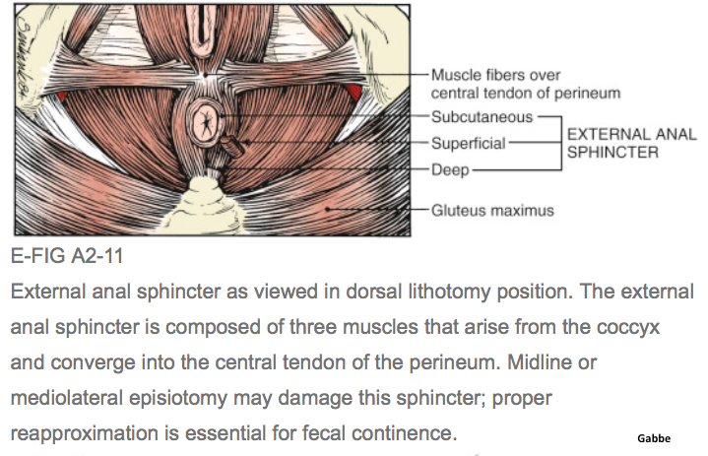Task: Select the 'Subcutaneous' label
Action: [x=482, y=116]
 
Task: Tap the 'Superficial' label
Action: [x=469, y=143]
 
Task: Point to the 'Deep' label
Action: [x=452, y=169]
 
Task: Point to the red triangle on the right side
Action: [x=352, y=95]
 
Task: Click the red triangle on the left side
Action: [x=63, y=96]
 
